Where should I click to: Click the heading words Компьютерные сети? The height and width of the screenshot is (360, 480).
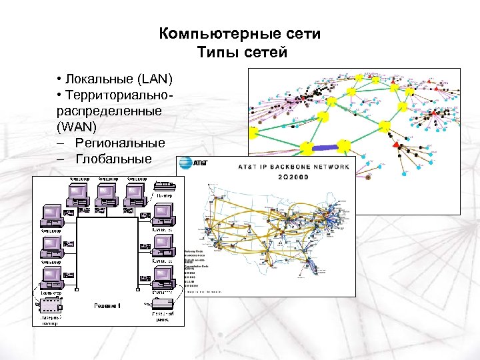tap(240, 34)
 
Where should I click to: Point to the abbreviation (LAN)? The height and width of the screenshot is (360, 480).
tap(155, 80)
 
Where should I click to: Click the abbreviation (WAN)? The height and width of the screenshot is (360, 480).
tap(77, 126)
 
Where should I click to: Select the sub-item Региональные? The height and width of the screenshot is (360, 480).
tap(119, 143)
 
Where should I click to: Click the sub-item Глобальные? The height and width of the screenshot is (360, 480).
tap(113, 159)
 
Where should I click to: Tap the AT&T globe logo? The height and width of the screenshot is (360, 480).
tap(184, 163)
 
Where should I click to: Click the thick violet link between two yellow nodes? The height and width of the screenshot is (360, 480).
tap(325, 147)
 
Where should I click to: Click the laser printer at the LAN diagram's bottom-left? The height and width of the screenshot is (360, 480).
tap(50, 305)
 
